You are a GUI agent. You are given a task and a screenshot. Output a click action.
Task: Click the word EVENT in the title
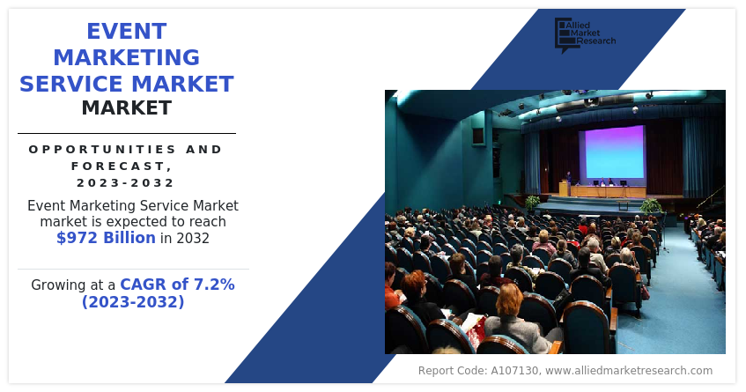[126, 32]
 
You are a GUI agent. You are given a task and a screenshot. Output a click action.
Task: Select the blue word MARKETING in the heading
[126, 58]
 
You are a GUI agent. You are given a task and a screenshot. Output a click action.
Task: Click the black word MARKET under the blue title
[126, 108]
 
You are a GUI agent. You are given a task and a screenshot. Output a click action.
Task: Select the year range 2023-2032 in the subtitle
[126, 182]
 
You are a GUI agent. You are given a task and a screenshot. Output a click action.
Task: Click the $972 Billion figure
[106, 238]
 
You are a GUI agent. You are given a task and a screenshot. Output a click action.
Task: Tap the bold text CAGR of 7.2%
[177, 285]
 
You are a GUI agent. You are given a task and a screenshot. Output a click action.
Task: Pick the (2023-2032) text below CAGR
[133, 302]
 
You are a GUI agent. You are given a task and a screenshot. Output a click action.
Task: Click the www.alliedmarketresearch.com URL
[629, 371]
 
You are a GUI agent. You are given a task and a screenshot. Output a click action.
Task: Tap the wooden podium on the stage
[564, 189]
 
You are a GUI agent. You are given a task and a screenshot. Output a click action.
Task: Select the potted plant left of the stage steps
[533, 202]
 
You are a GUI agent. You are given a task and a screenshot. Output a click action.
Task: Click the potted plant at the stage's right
[650, 206]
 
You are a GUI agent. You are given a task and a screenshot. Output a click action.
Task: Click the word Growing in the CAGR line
[59, 285]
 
